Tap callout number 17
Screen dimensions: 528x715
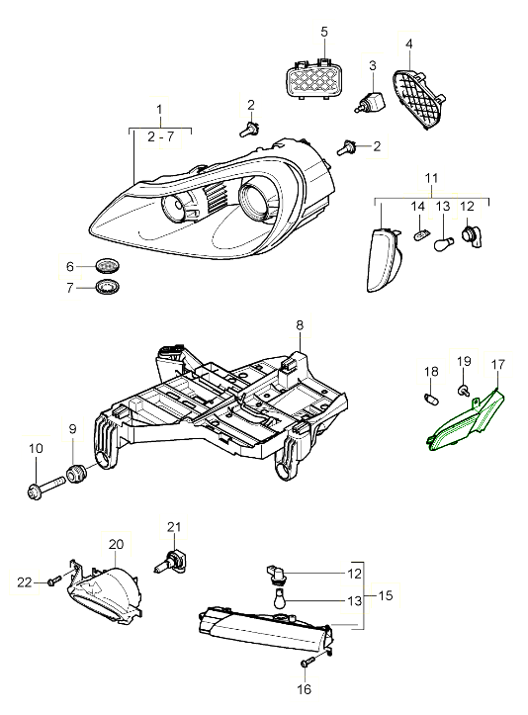[498, 364]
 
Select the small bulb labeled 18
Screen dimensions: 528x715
[432, 399]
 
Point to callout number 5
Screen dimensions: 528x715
[324, 32]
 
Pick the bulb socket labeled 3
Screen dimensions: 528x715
[370, 103]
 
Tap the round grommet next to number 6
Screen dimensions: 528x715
[108, 265]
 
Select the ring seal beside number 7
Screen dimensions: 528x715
[108, 287]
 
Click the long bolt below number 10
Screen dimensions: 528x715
[46, 488]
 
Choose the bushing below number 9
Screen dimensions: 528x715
[76, 474]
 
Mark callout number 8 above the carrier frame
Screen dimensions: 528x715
[300, 325]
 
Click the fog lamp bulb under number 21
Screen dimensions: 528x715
[170, 563]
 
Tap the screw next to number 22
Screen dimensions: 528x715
[54, 581]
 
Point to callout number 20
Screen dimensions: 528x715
[117, 544]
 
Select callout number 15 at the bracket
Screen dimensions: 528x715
[386, 595]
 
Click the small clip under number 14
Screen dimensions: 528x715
[420, 235]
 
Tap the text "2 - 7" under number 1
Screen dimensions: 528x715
[161, 136]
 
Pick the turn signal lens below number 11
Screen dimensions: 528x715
[383, 259]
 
